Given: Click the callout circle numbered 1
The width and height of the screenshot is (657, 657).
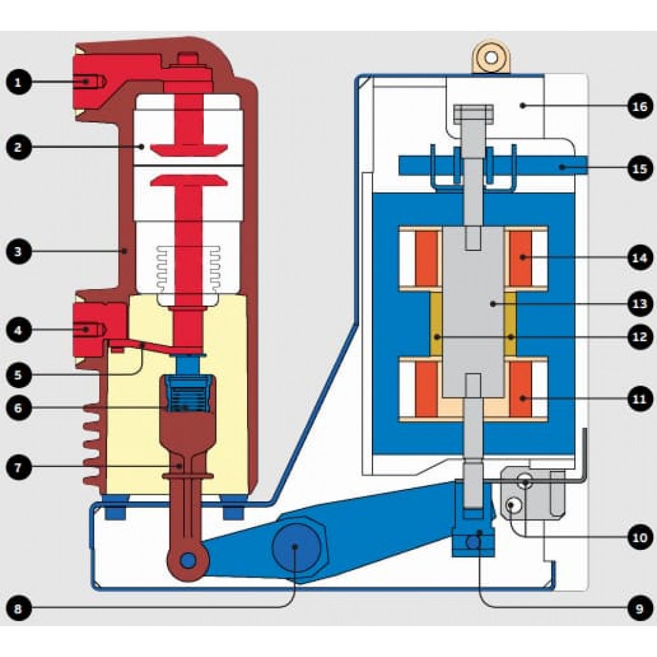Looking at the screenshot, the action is point(18,81).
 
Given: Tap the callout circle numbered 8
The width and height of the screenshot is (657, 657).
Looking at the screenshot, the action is point(18,608).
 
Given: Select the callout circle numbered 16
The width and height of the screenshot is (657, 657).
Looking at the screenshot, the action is point(640,106).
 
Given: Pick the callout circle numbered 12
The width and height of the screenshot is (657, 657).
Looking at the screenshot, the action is point(640,337).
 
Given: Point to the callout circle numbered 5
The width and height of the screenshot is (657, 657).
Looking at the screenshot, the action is point(18,374).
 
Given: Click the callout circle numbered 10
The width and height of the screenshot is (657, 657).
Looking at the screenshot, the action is point(640,537).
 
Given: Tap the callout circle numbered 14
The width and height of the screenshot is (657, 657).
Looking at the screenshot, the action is point(640,258).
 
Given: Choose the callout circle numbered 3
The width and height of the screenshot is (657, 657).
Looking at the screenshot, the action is point(18,252).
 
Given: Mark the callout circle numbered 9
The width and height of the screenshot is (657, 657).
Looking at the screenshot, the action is point(640,608).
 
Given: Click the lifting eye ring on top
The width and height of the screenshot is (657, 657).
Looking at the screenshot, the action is point(491,57).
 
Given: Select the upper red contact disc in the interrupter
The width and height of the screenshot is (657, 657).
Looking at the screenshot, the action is point(189,150).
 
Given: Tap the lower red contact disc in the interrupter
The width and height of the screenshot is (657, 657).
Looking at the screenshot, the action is point(189,180).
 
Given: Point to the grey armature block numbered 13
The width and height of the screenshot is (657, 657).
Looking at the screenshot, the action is point(473,312).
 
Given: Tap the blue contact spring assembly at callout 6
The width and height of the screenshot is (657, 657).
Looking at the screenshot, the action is point(188,394).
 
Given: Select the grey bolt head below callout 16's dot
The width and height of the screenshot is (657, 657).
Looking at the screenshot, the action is point(474,114).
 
